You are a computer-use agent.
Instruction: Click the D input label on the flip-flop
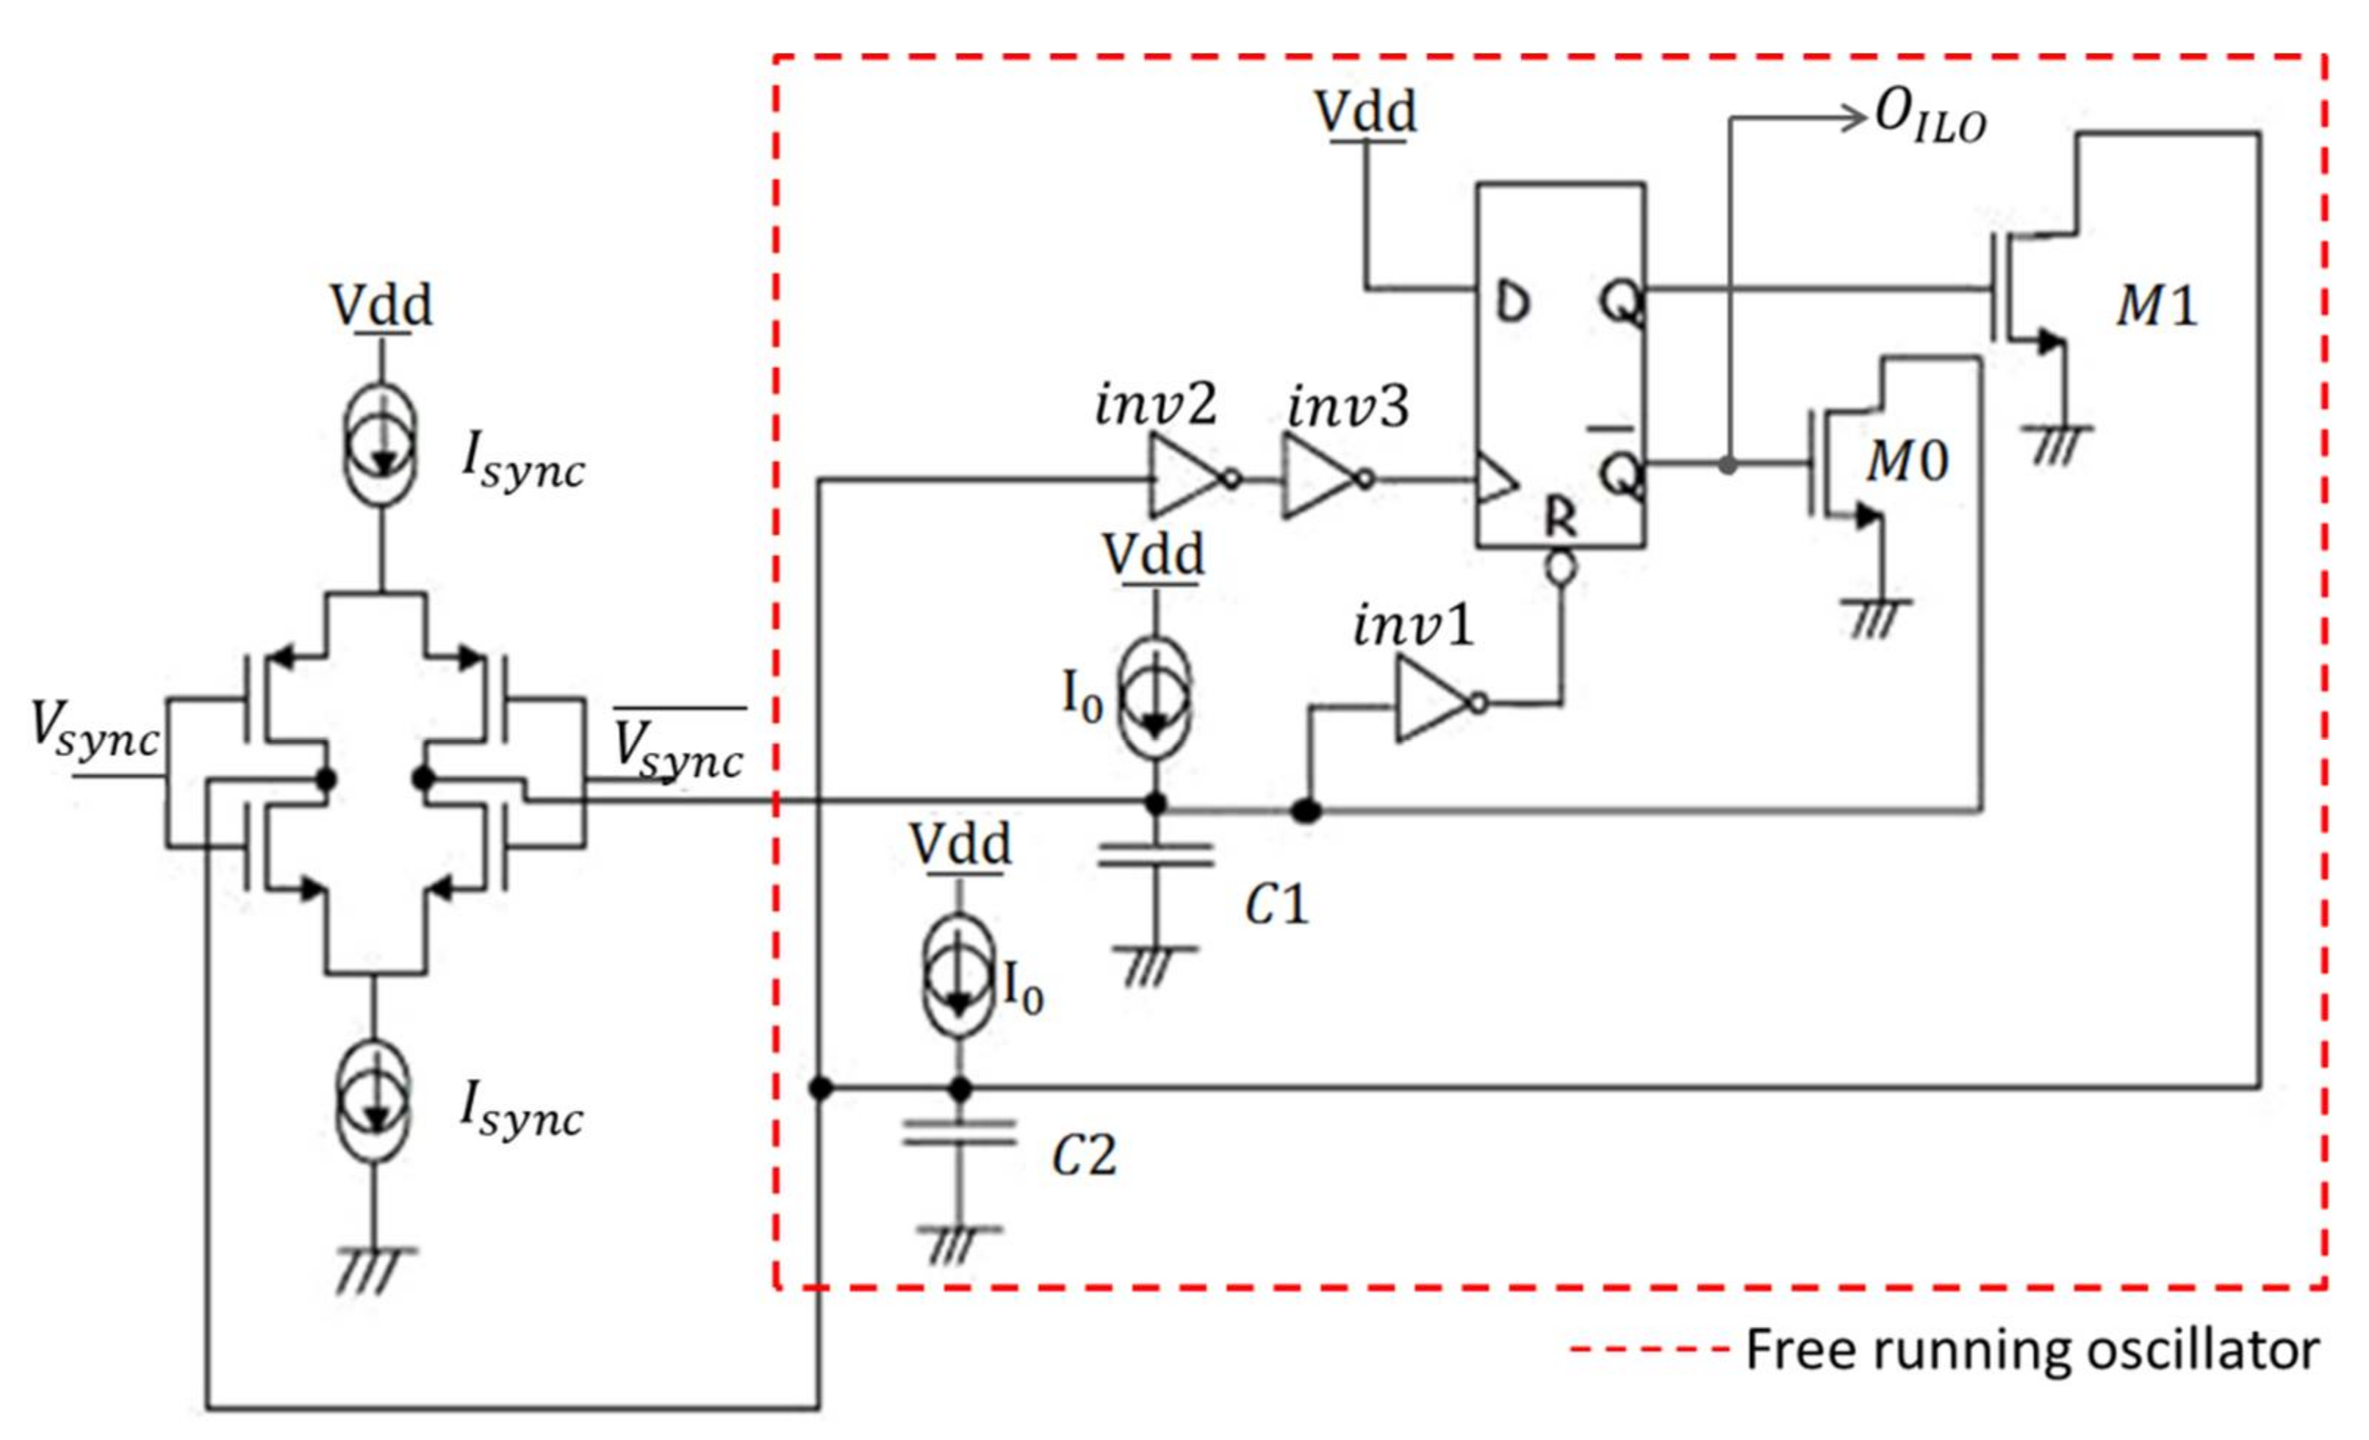click(1513, 303)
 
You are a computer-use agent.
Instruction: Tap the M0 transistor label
click(1908, 461)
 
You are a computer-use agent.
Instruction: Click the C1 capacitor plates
click(1156, 854)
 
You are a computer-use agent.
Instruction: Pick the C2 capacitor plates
click(959, 1134)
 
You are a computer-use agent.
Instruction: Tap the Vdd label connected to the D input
click(1365, 112)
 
